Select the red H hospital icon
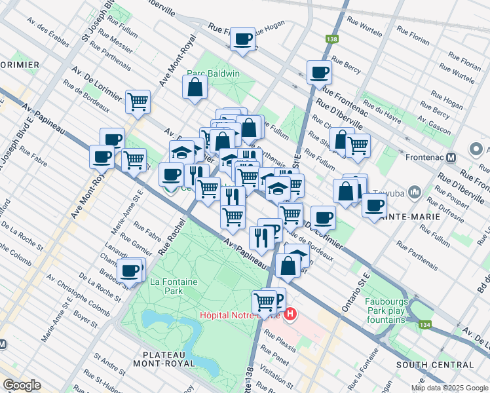[x=291, y=315]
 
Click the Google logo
[x=22, y=385]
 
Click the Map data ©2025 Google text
[x=448, y=388]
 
